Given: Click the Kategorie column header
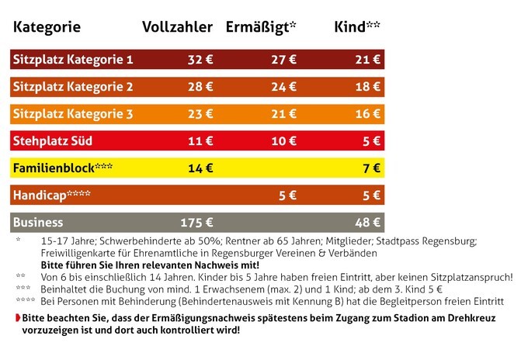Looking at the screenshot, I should tap(47, 27).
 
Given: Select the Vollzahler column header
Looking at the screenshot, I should tap(177, 27).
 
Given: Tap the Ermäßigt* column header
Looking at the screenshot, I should tap(261, 27).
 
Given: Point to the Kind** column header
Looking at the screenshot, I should tap(356, 27).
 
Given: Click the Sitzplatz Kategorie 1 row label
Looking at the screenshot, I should tap(73, 59).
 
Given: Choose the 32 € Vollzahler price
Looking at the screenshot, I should tap(200, 59).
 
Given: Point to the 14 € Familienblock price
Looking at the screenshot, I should tap(200, 168).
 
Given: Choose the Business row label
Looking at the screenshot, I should tap(37, 222).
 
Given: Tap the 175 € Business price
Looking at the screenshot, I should tap(196, 222).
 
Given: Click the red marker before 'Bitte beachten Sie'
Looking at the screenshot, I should tap(17, 318).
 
